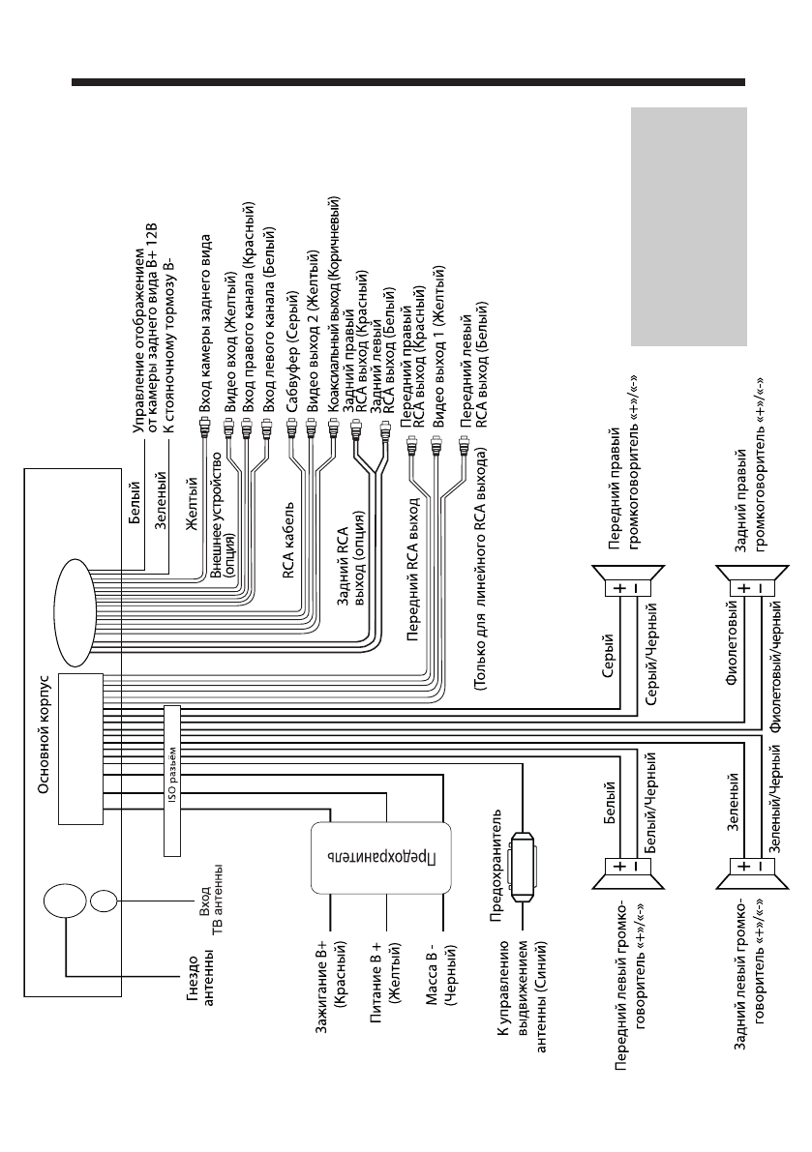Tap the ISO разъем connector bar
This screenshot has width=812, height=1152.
pos(172,780)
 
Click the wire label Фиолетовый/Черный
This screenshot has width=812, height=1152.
pos(775,670)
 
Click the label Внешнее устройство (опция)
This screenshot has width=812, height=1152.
pos(224,514)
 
